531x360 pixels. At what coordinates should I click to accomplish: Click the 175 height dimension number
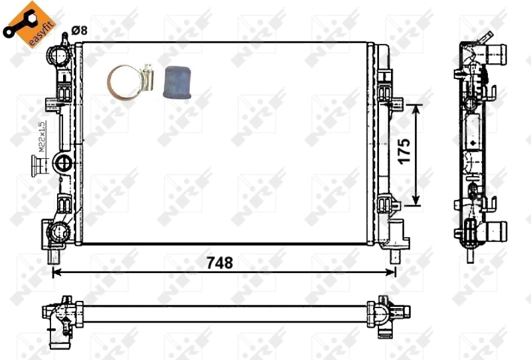click(x=404, y=153)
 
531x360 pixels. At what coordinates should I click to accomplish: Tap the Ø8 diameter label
click(x=79, y=29)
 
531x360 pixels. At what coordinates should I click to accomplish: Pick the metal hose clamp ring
click(x=127, y=84)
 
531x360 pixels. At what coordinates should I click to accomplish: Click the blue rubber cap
click(x=177, y=82)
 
